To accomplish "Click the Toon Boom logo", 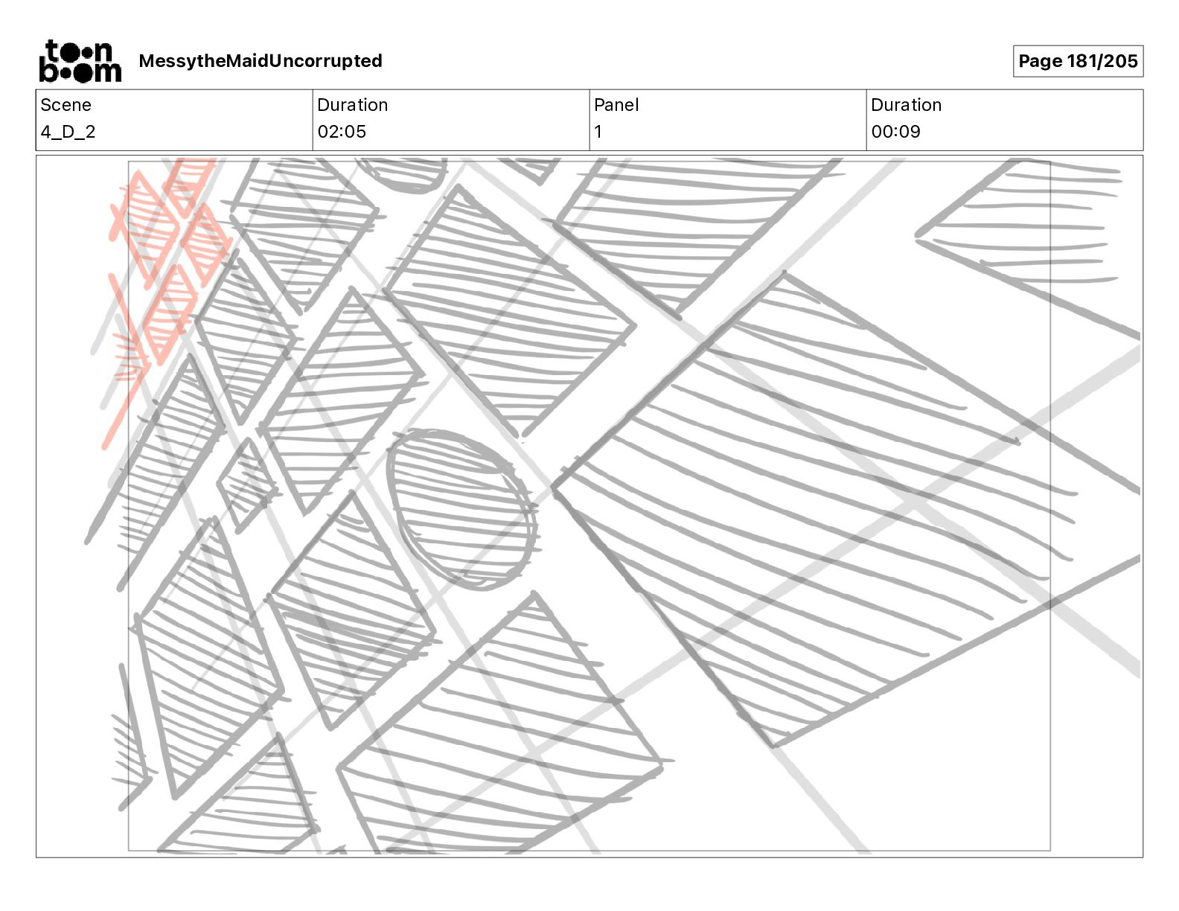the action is pos(80,61).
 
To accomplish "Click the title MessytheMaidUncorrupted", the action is pos(261,61).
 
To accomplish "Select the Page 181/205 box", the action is pos(1077,61).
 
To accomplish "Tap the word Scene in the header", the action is pos(65,105).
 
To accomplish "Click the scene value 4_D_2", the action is pos(68,132).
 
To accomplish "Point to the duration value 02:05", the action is pos(342,132).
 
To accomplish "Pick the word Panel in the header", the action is pos(616,105).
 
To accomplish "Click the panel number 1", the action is pos(598,132).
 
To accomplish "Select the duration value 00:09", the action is pos(895,132).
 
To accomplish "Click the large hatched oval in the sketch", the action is pos(462,508).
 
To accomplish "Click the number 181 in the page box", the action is pos(1081,61).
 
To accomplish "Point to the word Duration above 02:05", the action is pos(352,105).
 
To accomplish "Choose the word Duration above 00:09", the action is pos(906,105).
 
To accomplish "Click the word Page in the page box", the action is pos(1040,61).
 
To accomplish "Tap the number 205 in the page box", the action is pos(1121,61).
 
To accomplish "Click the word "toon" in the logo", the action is pos(80,51).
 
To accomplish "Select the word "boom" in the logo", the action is pos(80,71).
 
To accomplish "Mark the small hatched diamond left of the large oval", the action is pos(246,485).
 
